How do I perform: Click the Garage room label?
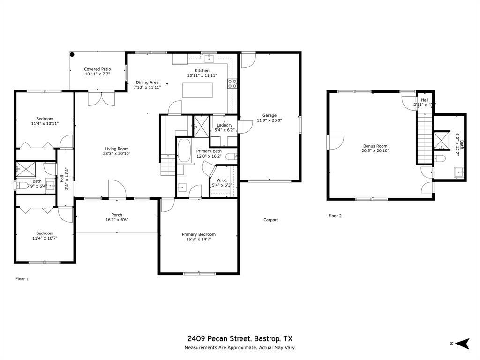click(269, 115)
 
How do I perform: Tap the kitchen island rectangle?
click(197, 90)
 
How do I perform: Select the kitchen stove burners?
click(232, 84)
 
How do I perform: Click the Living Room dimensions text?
click(117, 154)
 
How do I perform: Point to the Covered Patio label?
click(97, 69)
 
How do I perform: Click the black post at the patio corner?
click(72, 54)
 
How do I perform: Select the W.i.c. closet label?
click(222, 180)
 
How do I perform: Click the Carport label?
click(270, 219)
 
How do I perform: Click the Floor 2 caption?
click(335, 216)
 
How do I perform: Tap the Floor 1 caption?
click(22, 279)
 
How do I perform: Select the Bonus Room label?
click(375, 146)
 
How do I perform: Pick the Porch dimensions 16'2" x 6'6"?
click(117, 220)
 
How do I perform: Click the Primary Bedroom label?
click(199, 234)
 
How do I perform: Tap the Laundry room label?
click(225, 125)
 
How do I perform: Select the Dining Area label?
click(147, 82)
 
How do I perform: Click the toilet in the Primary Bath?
click(231, 157)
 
